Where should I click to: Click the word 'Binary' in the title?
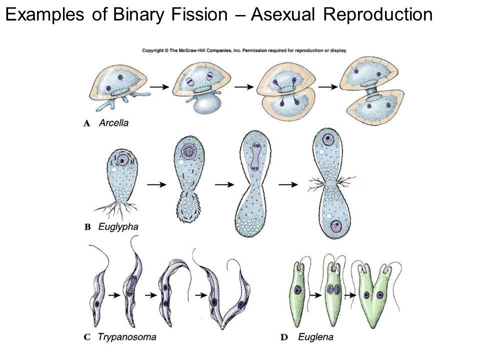click(x=139, y=14)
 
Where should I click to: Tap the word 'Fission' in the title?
click(x=199, y=14)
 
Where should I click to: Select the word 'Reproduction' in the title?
click(x=378, y=14)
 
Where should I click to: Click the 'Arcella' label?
click(x=113, y=123)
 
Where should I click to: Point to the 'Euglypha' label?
click(x=118, y=227)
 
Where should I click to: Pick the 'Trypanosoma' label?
click(x=127, y=337)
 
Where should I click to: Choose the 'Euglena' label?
click(x=315, y=337)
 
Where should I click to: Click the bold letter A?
click(x=87, y=123)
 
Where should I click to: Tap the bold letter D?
click(x=284, y=337)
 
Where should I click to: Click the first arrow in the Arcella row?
click(x=159, y=87)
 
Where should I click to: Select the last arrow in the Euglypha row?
click(x=288, y=184)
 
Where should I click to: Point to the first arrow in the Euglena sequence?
click(x=315, y=295)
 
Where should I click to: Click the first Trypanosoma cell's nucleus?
click(x=97, y=304)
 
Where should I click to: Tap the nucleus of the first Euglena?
click(x=297, y=289)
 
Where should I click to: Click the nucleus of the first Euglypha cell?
click(x=122, y=160)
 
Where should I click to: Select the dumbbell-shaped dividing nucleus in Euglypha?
click(x=255, y=156)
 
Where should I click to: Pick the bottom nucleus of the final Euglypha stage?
click(x=336, y=226)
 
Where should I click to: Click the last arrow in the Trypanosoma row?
click(x=201, y=295)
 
